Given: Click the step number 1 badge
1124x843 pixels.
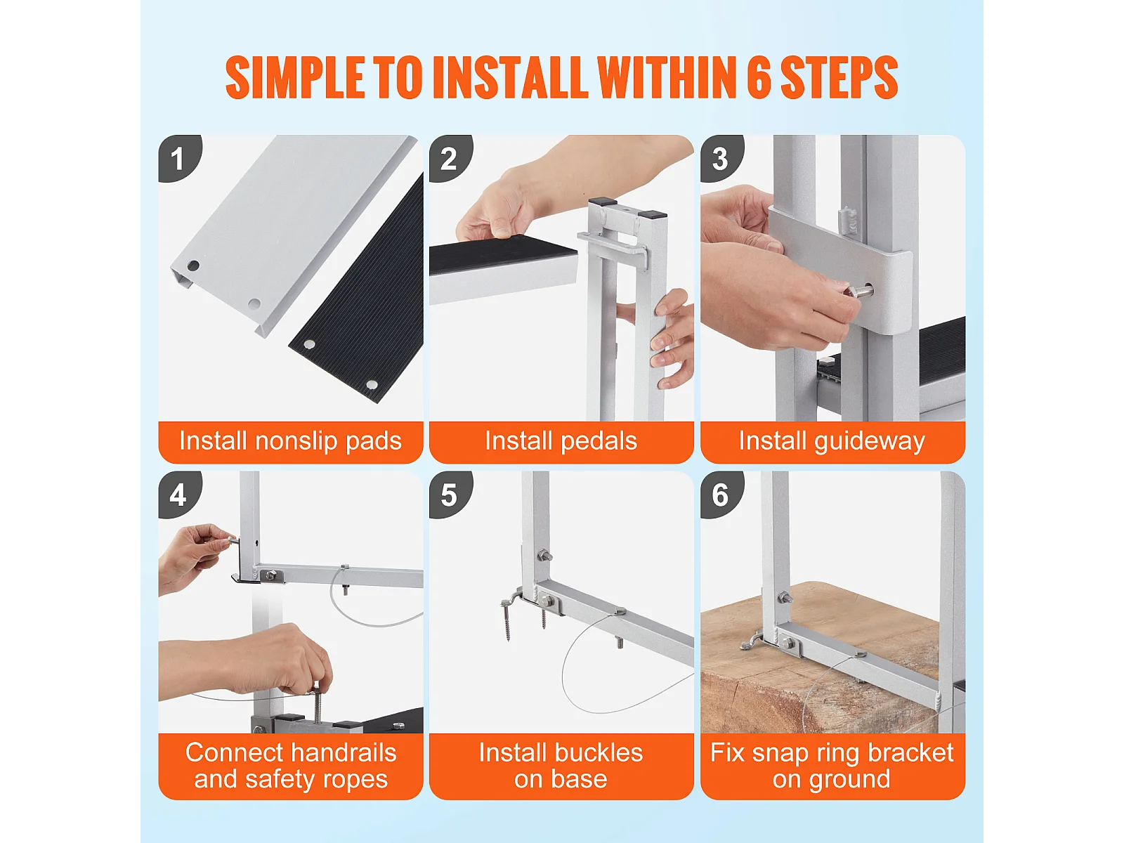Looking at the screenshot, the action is tap(178, 157).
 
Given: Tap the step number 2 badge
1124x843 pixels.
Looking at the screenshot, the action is tap(449, 157).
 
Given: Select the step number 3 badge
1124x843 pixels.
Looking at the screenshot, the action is tap(721, 157).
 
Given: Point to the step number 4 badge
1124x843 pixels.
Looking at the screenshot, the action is tap(178, 494).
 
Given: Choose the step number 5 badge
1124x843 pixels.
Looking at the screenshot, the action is tap(449, 494).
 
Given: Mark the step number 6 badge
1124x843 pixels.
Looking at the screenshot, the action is tap(721, 494).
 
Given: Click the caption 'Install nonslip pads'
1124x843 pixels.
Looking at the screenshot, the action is tap(290, 441).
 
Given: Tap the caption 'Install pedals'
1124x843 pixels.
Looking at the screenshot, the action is tap(561, 441).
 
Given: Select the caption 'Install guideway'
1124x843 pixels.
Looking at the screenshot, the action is tap(832, 441).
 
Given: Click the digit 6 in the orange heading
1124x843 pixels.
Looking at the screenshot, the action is tap(759, 77).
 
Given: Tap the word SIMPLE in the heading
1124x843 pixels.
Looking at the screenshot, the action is tap(296, 77).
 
